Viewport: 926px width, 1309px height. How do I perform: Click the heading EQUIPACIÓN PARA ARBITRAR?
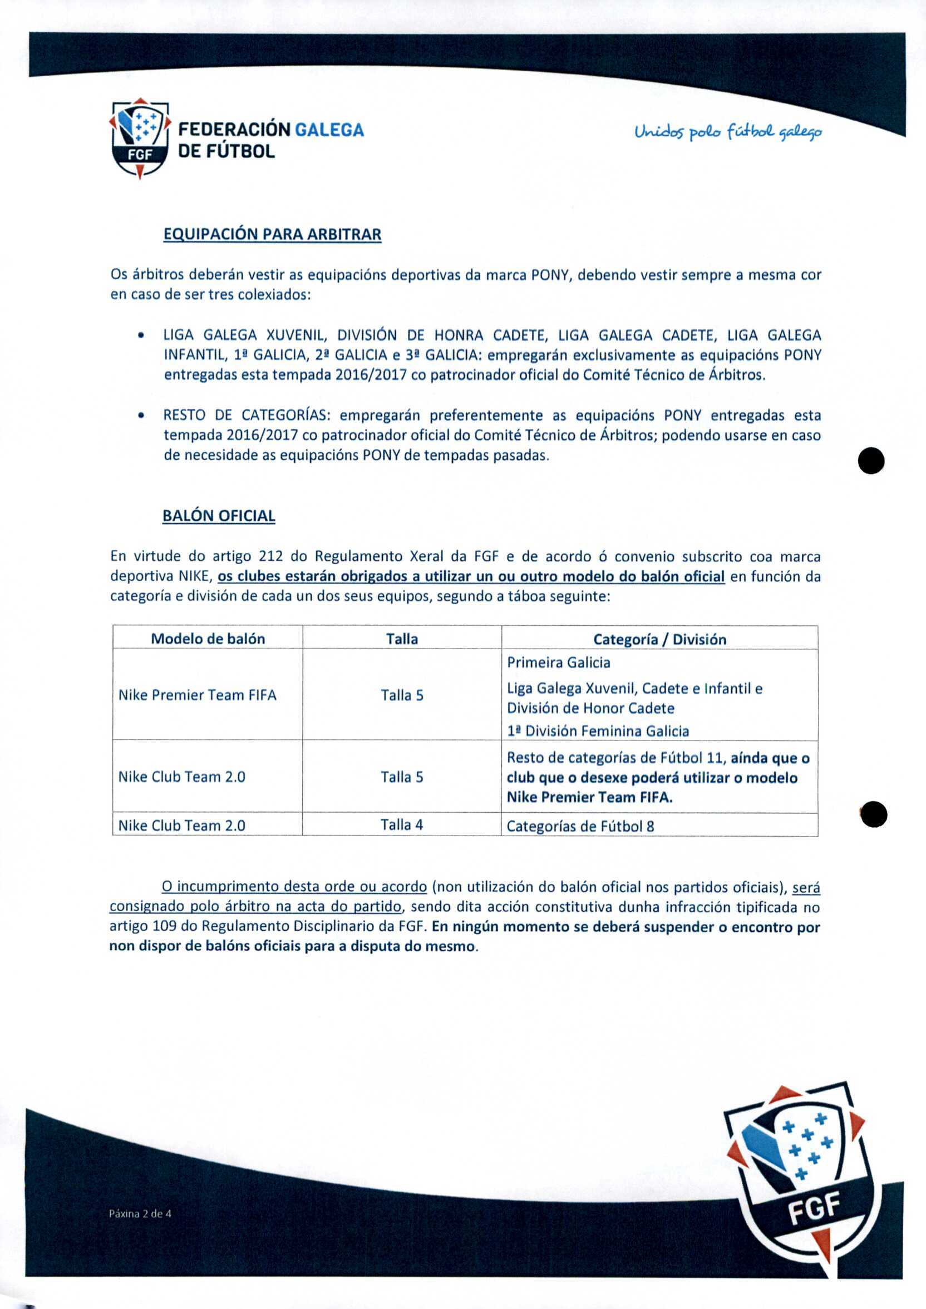tap(272, 234)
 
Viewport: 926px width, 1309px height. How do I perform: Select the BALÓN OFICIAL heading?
tap(218, 515)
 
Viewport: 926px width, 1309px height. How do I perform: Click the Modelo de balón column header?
tap(208, 639)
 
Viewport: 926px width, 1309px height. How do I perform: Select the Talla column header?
tap(401, 639)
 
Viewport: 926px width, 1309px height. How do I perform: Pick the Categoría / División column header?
tap(659, 639)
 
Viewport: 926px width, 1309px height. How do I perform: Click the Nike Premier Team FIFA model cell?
tap(198, 695)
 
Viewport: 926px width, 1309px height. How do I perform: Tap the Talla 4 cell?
tap(401, 824)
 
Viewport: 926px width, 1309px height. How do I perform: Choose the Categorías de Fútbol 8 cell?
tap(580, 826)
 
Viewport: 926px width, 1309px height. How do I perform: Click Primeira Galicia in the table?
tap(558, 663)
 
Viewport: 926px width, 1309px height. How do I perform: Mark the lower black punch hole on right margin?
tap(873, 814)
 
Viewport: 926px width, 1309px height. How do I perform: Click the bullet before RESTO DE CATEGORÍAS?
tap(140, 416)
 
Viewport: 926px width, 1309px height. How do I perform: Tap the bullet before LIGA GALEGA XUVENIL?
tap(140, 335)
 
